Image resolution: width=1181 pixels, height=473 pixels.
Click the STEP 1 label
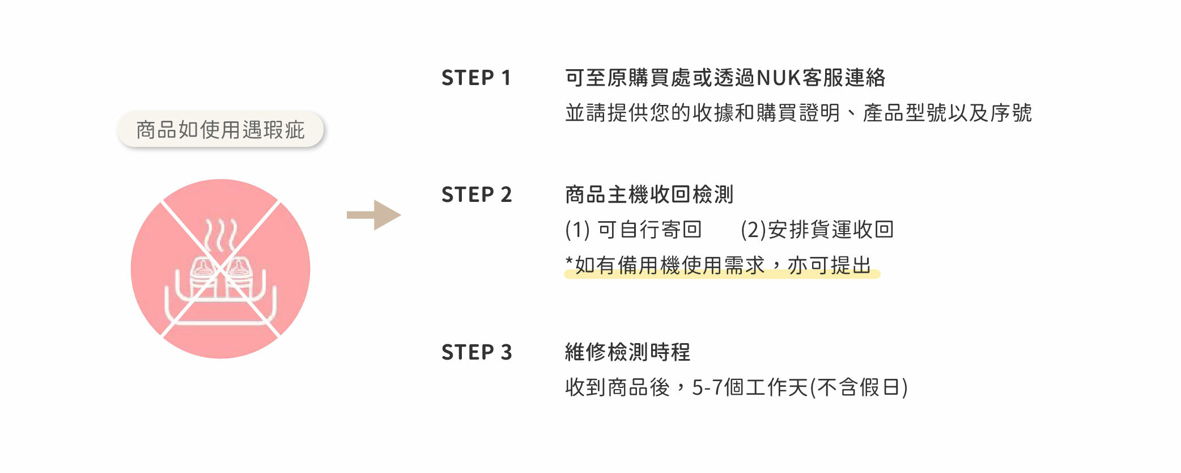tap(476, 78)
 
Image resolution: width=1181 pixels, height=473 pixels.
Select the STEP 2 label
tap(477, 195)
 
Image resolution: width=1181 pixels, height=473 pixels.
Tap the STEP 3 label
tap(477, 352)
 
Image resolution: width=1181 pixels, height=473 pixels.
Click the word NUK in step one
tap(779, 78)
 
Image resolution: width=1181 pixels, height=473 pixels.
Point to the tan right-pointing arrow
tap(374, 215)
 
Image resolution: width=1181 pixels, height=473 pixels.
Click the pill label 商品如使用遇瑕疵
tap(220, 130)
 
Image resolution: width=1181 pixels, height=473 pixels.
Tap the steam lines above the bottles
tap(220, 235)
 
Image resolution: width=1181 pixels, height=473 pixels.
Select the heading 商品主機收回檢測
tap(649, 195)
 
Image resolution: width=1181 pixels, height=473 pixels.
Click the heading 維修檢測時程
tap(628, 352)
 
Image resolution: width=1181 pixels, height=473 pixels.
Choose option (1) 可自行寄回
tap(634, 230)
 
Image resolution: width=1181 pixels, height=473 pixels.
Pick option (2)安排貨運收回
tap(817, 230)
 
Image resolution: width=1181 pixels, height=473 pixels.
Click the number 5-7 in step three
tap(707, 388)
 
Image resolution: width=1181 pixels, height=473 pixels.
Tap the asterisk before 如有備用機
tap(570, 261)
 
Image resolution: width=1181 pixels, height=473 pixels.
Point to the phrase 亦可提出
tap(829, 265)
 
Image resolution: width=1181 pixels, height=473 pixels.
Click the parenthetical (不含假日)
tap(859, 388)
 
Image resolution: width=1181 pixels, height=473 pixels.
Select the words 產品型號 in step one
tap(905, 113)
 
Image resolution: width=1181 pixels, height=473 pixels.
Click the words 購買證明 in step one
tap(798, 113)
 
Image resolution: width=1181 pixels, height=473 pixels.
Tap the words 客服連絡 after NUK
tap(844, 78)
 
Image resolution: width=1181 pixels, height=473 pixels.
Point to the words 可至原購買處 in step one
tap(628, 78)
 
